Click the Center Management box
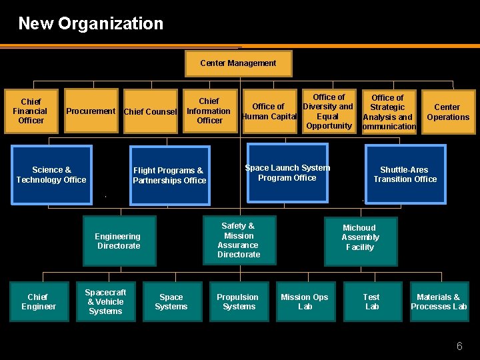238,63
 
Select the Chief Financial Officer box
31,111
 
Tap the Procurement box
91,111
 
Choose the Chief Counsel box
151,111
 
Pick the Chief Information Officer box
209,111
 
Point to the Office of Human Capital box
269,111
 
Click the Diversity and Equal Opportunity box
328,111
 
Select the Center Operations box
447,111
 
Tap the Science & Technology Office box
51,175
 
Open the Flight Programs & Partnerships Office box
169,175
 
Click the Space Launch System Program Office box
287,173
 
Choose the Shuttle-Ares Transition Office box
405,174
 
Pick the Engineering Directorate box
119,241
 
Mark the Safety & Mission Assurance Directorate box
239,240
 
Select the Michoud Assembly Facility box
360,237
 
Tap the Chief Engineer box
39,302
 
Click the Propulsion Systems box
239,302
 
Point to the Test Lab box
371,302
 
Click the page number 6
459,346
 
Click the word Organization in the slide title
111,23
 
